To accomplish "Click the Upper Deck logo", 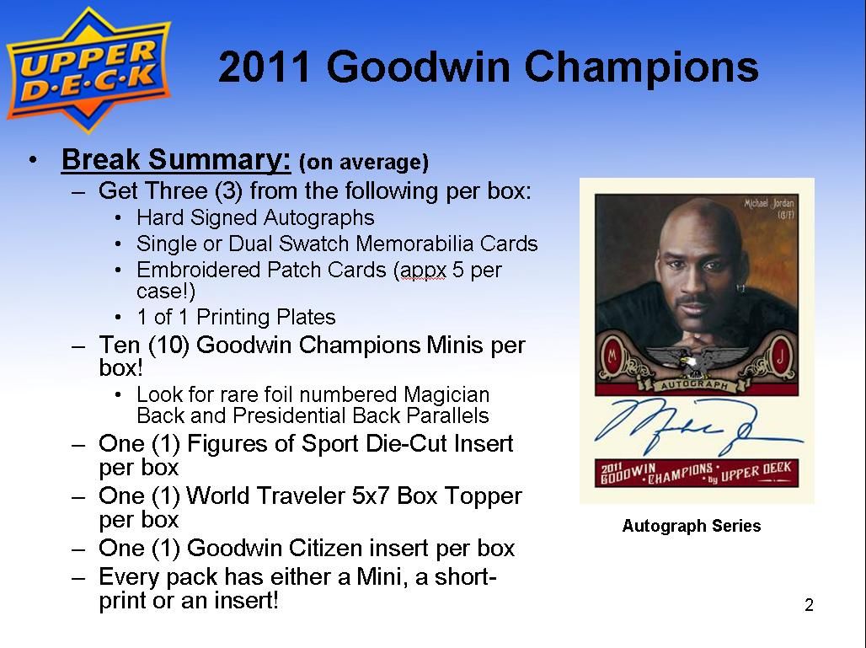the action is tap(88, 70).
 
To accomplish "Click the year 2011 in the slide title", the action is tap(264, 67).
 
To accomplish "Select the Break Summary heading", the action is tap(176, 159).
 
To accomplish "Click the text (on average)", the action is tap(363, 162).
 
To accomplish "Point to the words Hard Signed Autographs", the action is tap(255, 217).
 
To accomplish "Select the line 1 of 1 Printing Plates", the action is tap(236, 317).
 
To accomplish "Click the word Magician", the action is tap(446, 395).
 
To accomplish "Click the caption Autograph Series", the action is tap(692, 525).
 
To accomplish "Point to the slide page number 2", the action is tap(809, 606).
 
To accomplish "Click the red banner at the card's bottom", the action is tap(697, 473).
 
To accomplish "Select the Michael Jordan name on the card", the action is tap(768, 204).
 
